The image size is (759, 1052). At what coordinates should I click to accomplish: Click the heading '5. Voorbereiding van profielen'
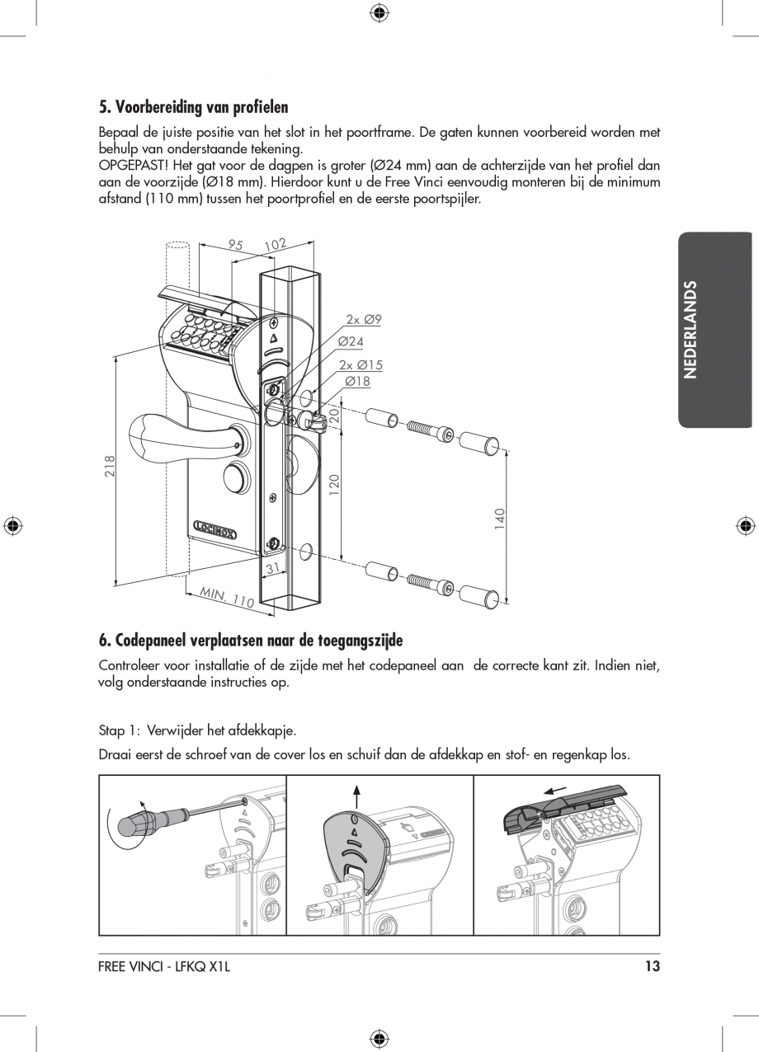pos(193,107)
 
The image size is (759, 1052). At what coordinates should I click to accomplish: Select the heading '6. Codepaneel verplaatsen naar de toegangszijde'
pos(251,641)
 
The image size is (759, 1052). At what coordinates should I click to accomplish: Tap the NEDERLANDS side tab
pos(691,329)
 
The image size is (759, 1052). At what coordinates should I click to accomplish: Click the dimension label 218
pos(110,466)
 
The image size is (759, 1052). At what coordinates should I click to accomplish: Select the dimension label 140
pos(500,519)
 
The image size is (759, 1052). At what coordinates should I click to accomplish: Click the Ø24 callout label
pos(351,341)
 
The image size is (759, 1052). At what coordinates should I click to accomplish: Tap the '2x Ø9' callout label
pos(363,320)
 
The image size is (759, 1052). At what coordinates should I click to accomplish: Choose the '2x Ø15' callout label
pos(361,364)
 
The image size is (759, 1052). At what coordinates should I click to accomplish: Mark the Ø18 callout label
pos(357,382)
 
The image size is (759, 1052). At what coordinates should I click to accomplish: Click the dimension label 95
pos(236,245)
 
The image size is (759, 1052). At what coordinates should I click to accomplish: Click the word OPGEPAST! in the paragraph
pos(129,166)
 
